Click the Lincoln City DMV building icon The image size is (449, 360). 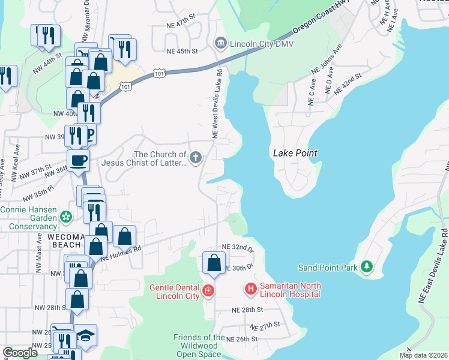pos(220,42)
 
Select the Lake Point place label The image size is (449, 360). pos(295,153)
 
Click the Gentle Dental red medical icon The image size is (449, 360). pos(208,291)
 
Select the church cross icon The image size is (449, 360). pos(195,157)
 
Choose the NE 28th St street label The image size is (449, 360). pos(247,310)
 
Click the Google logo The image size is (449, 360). pos(20,353)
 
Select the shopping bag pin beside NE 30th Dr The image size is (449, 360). pos(214,262)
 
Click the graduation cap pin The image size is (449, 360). pos(85,335)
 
